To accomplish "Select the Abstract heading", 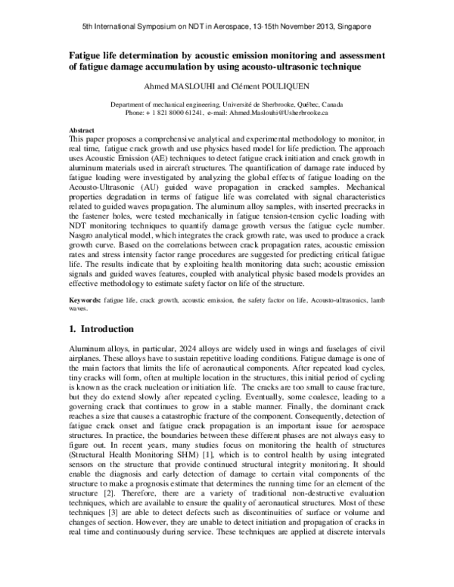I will click(82, 130).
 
